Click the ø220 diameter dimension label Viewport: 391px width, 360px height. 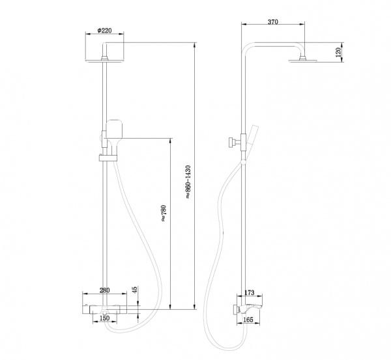pos(104,31)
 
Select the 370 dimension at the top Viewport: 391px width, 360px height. pos(273,22)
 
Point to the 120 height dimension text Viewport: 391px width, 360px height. pos(338,52)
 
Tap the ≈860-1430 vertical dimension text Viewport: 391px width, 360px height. pos(188,182)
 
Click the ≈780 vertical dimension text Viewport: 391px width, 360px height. pos(163,214)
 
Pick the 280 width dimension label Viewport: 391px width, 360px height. pos(104,290)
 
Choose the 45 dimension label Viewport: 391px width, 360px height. pos(134,290)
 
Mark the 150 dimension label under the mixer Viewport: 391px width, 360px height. pos(104,318)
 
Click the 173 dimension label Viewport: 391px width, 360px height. pos(250,292)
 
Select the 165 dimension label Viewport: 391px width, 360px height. pos(248,320)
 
